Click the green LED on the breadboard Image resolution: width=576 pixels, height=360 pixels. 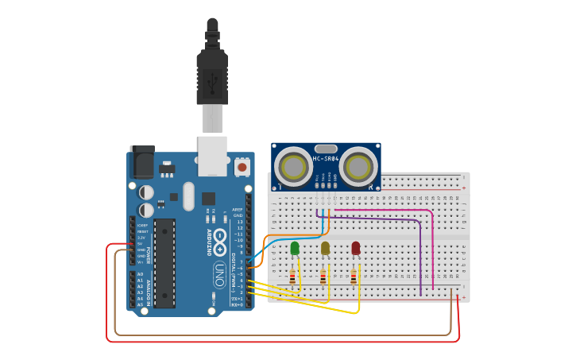(295, 249)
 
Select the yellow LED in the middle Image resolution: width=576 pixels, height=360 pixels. (325, 249)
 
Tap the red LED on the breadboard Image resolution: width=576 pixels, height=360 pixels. (355, 249)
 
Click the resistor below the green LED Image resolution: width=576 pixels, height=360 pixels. (292, 277)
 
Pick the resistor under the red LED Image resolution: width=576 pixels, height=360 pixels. (354, 277)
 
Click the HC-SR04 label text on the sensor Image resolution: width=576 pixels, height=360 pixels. (326, 159)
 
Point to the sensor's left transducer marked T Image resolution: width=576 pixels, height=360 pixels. (293, 168)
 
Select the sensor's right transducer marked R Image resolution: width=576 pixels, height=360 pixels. (358, 168)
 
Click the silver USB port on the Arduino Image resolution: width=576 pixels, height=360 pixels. (212, 156)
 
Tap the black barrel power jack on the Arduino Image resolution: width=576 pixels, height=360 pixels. (142, 163)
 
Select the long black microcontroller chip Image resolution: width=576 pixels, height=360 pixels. (164, 263)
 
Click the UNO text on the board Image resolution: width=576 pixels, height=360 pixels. (219, 274)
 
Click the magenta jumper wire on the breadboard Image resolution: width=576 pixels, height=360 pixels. (431, 246)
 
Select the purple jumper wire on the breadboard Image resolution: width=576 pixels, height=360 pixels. (420, 254)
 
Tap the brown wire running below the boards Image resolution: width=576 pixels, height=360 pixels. (278, 335)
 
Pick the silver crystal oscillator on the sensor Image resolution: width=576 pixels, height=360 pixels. (326, 149)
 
